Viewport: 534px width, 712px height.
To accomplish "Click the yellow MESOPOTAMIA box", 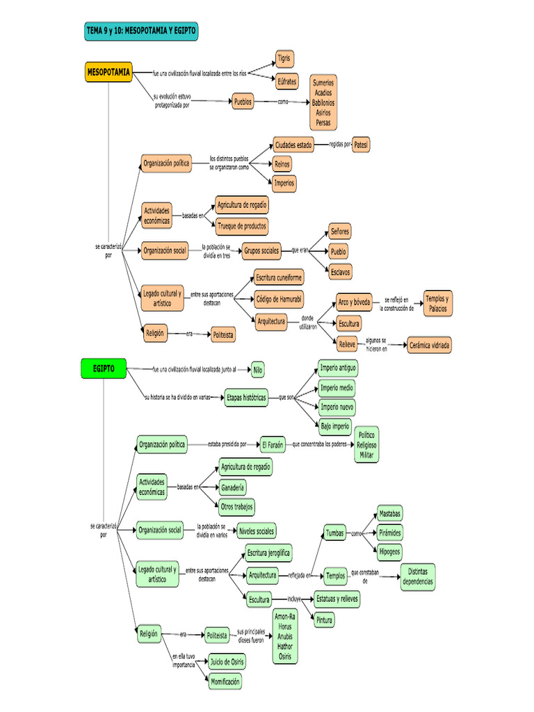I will (x=108, y=72).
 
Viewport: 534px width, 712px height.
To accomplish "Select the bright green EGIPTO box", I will (x=103, y=369).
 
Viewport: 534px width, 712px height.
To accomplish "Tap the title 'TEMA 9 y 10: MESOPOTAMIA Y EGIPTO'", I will (x=140, y=31).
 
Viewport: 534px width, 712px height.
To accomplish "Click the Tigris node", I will (x=284, y=58).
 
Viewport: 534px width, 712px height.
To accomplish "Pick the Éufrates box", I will (x=286, y=81).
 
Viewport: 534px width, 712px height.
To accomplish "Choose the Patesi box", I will (x=361, y=145).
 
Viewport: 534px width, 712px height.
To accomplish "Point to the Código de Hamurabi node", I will (x=278, y=299).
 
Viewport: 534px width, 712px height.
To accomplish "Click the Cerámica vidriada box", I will (x=429, y=344).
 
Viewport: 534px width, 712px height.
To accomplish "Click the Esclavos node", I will (x=340, y=270).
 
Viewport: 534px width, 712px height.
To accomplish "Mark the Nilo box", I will (x=258, y=369).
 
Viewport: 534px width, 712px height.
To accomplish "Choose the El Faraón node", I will (x=273, y=444).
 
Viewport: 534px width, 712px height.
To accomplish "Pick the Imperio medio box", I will (x=337, y=387).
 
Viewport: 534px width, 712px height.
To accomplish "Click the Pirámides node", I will (x=390, y=532).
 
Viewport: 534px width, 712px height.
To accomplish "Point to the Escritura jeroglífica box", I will (x=268, y=553).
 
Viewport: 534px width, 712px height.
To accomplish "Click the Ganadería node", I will (x=232, y=487).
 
